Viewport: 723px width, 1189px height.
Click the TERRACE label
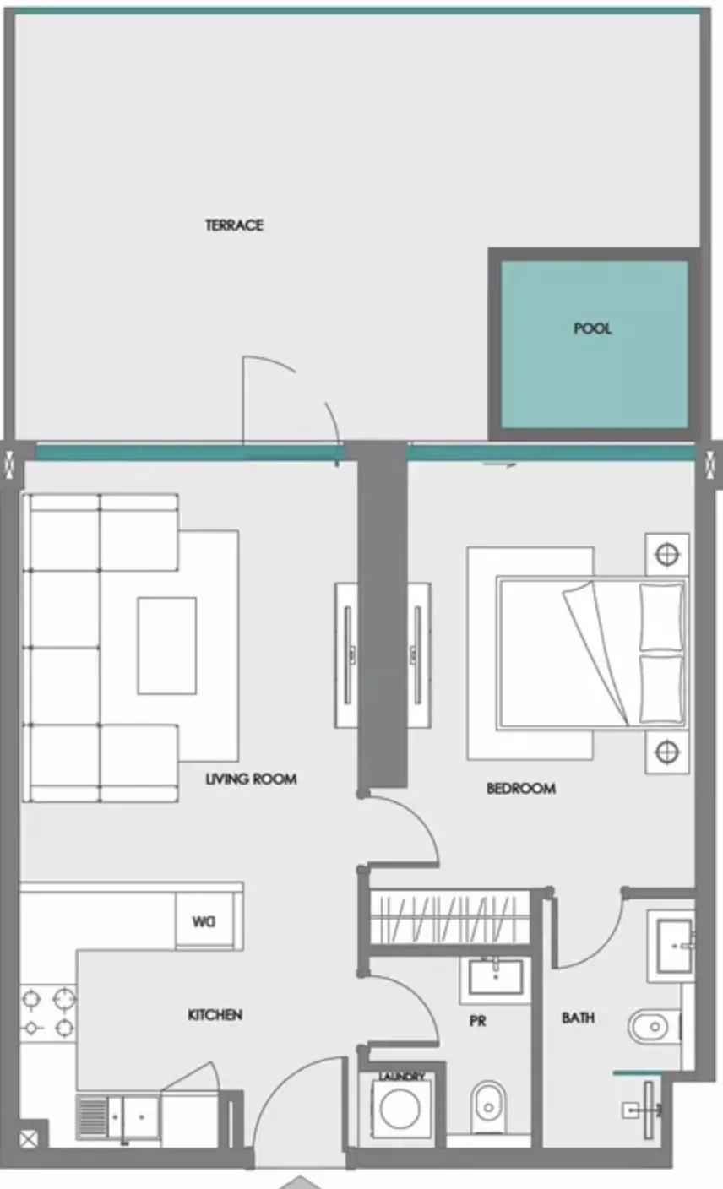(x=234, y=225)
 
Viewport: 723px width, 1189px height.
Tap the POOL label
(x=592, y=328)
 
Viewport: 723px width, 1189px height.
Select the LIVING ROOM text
(x=251, y=779)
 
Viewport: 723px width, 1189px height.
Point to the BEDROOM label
(x=521, y=789)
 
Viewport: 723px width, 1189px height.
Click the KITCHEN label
(x=215, y=1015)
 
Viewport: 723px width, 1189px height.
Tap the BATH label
(x=579, y=1018)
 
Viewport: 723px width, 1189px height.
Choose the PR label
(x=477, y=1021)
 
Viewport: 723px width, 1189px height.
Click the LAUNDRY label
(x=401, y=1077)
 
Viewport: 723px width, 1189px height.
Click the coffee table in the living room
(x=167, y=646)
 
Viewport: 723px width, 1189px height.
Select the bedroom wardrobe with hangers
(x=449, y=918)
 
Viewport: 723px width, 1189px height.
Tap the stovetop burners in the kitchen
(x=48, y=1013)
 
